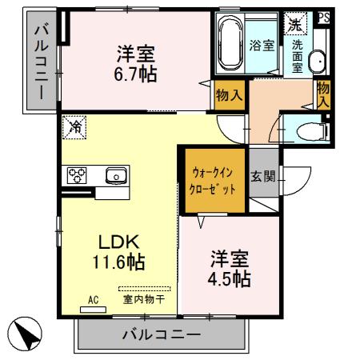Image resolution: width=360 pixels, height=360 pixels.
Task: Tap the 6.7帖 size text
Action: [134, 74]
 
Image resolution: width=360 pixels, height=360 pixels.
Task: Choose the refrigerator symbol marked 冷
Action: [74, 126]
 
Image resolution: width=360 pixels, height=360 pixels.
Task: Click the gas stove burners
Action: [78, 174]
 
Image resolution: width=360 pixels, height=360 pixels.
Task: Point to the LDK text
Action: [119, 241]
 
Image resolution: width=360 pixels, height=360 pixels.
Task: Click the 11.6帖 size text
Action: [121, 261]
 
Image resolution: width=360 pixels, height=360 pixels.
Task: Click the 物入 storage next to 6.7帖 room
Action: [230, 96]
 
